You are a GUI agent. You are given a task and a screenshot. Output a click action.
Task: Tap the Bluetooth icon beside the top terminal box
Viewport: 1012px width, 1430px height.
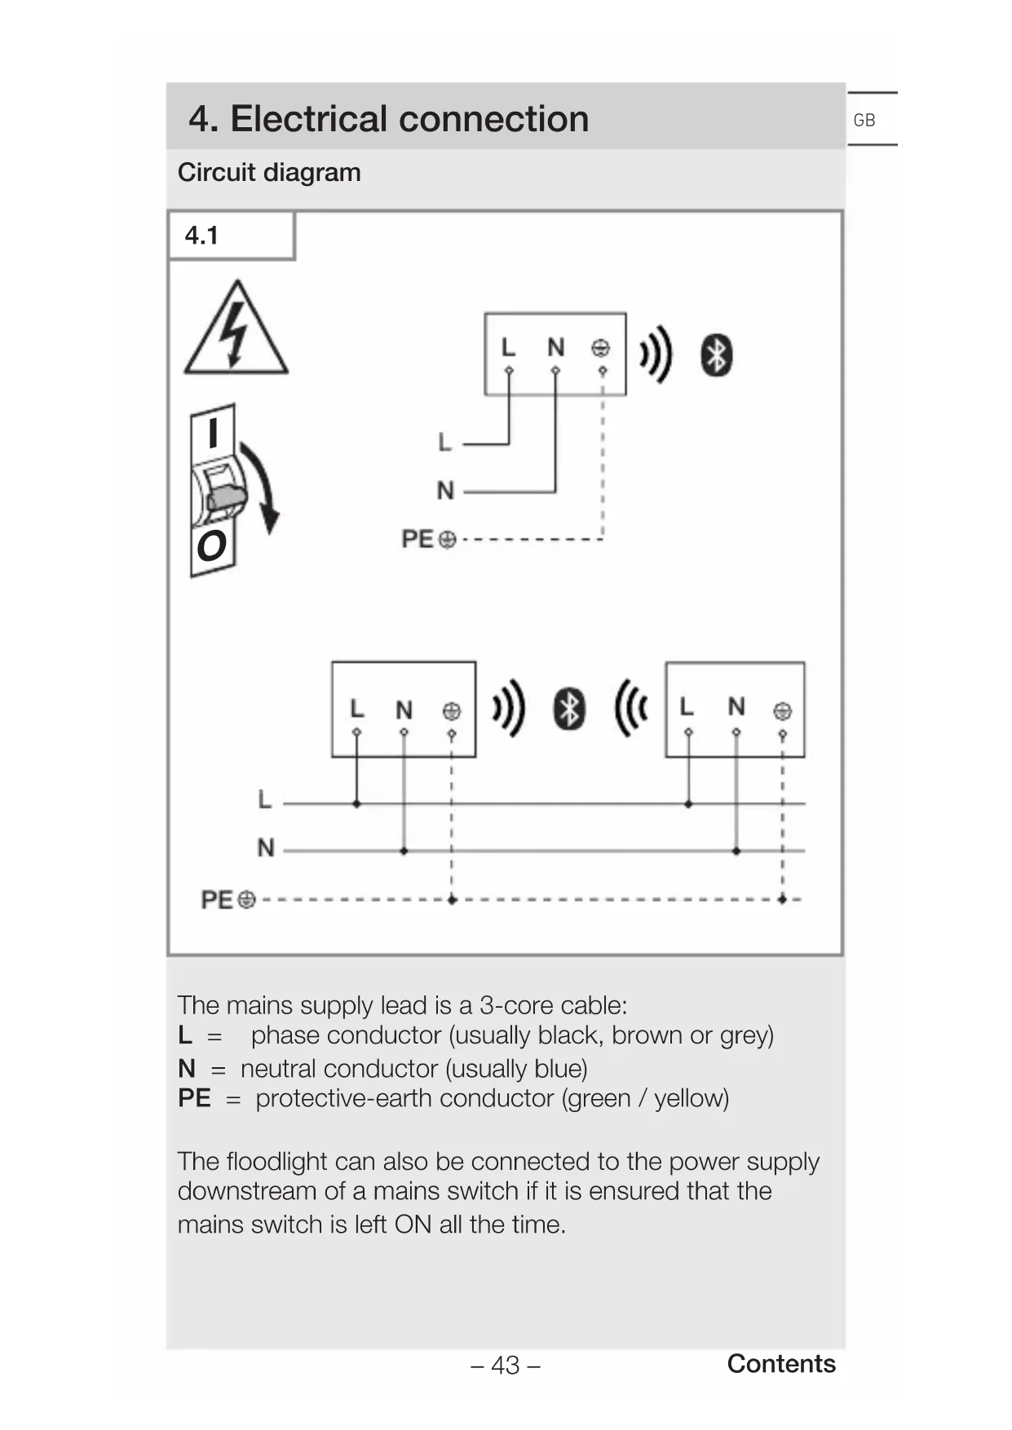coord(716,355)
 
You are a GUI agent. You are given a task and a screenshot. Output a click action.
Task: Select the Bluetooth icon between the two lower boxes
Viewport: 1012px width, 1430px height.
coord(569,708)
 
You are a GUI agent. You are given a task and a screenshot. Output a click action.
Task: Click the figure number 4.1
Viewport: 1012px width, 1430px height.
coord(201,236)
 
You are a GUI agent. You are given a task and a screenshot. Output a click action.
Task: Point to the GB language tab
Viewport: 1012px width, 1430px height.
coord(864,121)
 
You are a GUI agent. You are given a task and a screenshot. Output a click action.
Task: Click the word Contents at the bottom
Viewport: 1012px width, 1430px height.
coord(780,1363)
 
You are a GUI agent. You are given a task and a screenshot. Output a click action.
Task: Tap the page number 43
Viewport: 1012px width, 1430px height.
coord(506,1365)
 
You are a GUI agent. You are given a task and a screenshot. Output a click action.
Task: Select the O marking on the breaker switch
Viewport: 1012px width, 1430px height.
coord(211,545)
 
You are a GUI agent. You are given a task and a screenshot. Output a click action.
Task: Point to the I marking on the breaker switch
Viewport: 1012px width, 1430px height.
coord(213,433)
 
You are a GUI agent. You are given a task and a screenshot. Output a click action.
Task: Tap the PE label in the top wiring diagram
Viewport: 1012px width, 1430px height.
coord(418,539)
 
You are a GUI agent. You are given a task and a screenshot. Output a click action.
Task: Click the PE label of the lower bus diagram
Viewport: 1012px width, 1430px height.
coord(217,899)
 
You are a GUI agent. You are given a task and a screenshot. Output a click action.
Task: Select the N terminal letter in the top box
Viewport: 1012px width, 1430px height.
coord(555,348)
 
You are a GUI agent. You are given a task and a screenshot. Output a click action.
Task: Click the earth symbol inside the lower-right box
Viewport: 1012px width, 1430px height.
coord(782,711)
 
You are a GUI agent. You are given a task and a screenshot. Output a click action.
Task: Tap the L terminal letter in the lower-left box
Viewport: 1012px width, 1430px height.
coord(356,709)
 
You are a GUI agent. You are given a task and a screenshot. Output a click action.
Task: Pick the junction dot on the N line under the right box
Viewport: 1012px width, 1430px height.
coord(736,851)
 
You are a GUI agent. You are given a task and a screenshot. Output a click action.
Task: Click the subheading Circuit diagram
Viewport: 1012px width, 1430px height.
coord(269,173)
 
